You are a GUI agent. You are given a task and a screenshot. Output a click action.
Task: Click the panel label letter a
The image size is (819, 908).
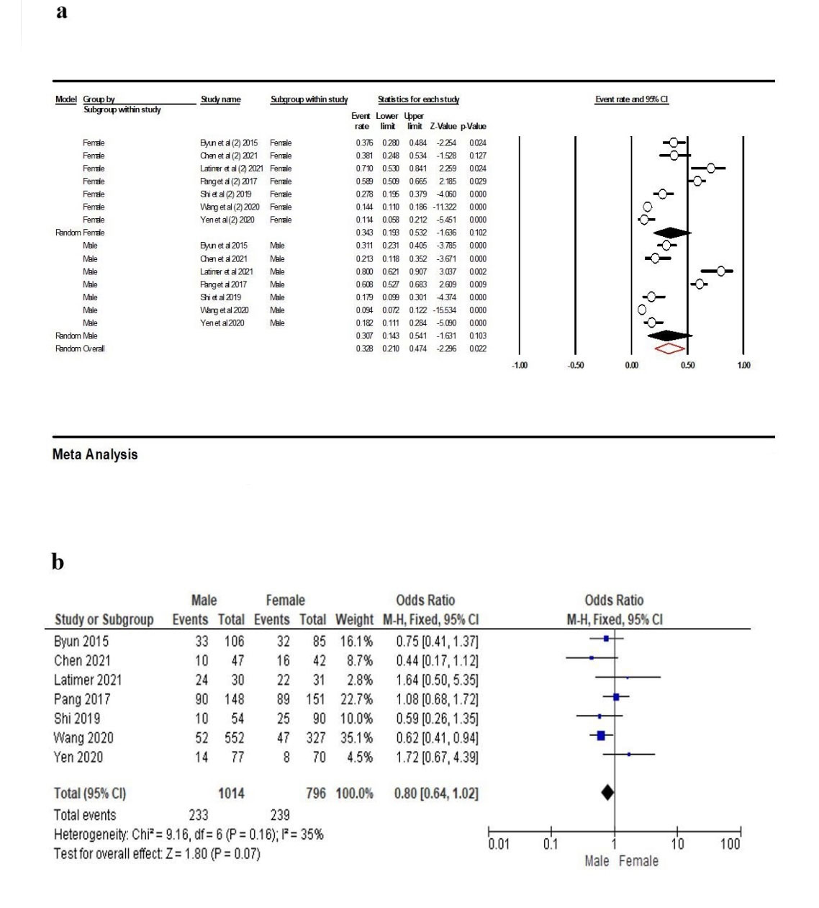tap(62, 12)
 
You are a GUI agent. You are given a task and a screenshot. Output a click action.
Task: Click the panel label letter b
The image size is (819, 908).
tap(58, 562)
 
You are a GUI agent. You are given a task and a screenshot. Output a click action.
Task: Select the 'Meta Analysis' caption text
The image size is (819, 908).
tap(95, 454)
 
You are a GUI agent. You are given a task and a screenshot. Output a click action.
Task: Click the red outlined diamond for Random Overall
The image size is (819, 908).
tap(669, 349)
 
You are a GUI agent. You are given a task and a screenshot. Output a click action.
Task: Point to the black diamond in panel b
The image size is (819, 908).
tap(607, 792)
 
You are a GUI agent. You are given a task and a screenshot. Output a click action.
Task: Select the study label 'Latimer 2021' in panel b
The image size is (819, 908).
tap(88, 680)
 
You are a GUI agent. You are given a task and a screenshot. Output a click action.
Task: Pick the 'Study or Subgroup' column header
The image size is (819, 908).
tap(104, 620)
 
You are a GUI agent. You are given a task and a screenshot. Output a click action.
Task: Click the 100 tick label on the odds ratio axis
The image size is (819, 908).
tap(730, 844)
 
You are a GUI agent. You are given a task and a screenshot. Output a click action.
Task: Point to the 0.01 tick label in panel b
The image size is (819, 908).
tap(499, 844)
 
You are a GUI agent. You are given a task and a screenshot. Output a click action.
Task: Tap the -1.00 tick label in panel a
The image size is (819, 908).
tap(519, 366)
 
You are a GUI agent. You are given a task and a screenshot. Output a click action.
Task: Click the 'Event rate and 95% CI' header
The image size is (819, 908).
tap(631, 99)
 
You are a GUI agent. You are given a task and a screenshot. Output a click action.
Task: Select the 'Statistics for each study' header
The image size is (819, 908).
tap(418, 99)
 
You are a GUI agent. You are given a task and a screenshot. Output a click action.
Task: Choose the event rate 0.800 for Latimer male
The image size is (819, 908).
tap(364, 271)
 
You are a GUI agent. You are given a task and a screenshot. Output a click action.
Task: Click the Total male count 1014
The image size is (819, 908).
tap(231, 794)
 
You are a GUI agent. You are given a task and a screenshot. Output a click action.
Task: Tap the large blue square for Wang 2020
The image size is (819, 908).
tap(600, 736)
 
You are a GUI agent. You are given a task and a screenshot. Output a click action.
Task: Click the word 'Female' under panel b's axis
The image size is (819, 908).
tap(638, 860)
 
